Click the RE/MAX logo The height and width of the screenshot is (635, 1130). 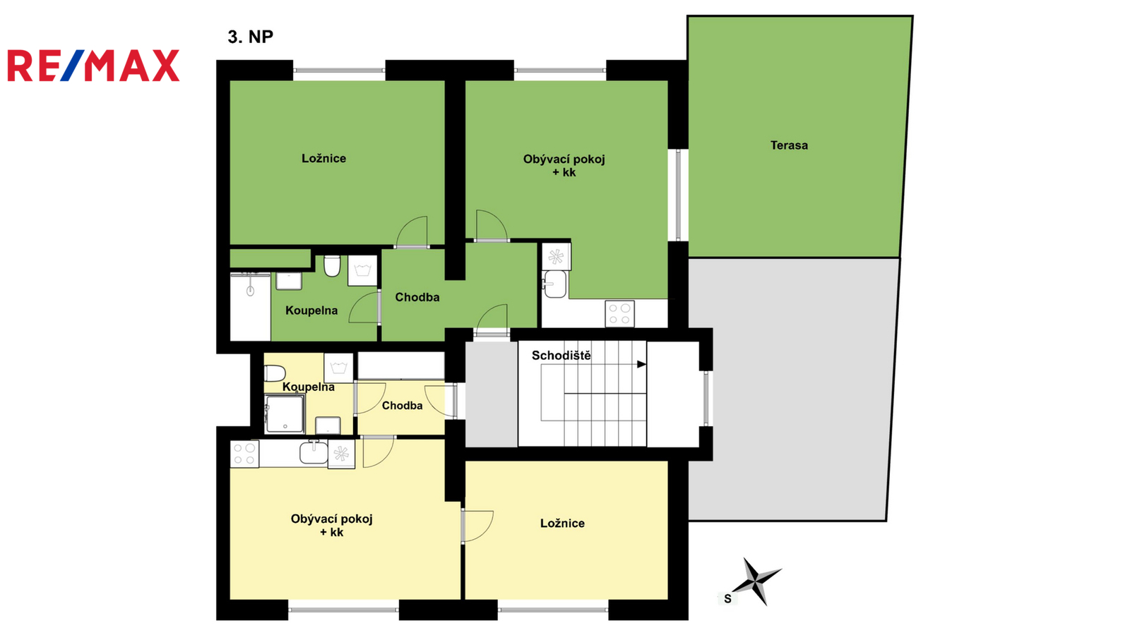[x=93, y=66]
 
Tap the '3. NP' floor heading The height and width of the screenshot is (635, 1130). [x=250, y=37]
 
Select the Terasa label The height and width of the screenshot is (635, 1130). [x=789, y=145]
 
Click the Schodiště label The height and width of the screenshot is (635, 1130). [x=561, y=356]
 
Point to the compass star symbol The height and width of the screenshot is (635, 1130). [x=755, y=581]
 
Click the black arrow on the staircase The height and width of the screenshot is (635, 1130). [x=642, y=364]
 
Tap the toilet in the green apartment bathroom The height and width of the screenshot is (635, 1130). [x=331, y=265]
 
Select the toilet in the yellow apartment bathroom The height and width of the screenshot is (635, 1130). [x=275, y=373]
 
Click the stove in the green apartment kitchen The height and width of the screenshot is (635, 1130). [x=620, y=313]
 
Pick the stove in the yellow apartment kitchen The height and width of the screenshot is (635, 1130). [x=244, y=454]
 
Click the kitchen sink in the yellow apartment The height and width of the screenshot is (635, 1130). [x=314, y=452]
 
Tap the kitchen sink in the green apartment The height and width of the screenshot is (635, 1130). [x=554, y=284]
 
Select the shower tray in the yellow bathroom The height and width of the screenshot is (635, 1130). [x=285, y=413]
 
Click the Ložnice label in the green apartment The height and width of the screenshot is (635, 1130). [x=324, y=158]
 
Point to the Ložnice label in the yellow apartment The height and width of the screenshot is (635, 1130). [x=562, y=523]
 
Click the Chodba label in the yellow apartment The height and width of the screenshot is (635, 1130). [x=402, y=406]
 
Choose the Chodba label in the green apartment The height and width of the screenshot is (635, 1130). [x=417, y=297]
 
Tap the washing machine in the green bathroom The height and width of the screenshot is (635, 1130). [x=363, y=271]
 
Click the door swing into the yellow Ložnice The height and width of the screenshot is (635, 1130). [x=477, y=526]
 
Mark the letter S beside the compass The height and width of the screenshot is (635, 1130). [x=727, y=599]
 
